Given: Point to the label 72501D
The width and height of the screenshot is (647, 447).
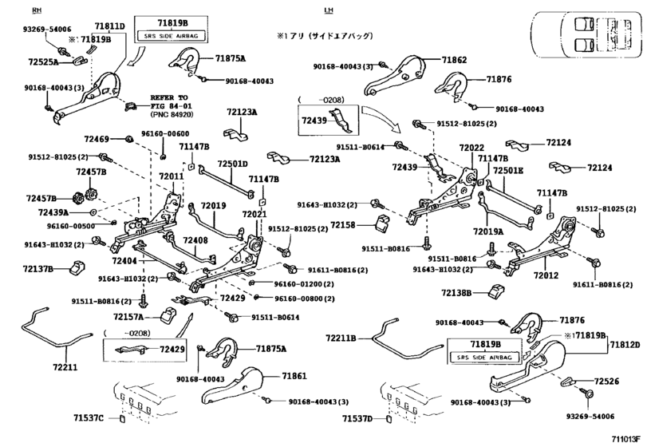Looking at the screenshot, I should pos(234,164).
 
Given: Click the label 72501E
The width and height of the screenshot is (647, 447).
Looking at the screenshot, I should pos(507,171).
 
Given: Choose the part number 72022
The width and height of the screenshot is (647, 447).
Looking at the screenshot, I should pos(471,148).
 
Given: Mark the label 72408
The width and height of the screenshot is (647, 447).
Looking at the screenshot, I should pos(195,239).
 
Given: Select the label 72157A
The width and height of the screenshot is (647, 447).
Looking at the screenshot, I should pos(129,317).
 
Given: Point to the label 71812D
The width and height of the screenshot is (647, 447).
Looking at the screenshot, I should pos(625,345).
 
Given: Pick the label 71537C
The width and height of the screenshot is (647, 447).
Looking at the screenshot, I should pos(89,418).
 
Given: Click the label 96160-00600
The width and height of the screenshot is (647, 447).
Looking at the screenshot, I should pos(165,134).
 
